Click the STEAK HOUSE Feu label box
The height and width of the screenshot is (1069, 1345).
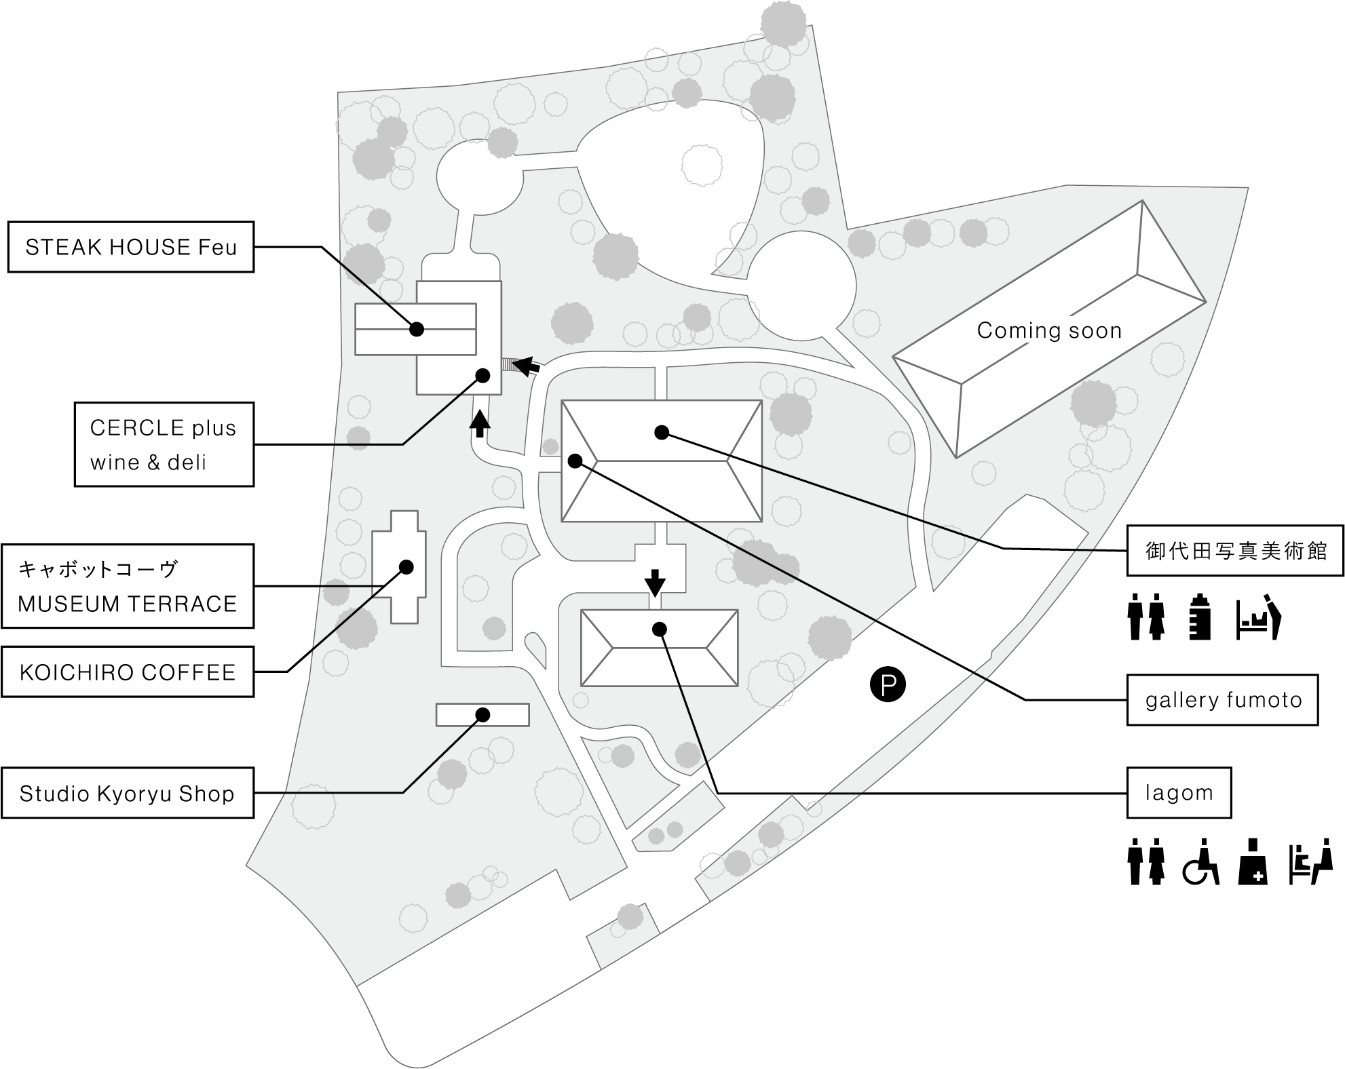[131, 247]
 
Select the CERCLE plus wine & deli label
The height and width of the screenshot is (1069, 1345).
[164, 444]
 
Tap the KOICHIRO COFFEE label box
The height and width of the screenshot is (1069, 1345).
[128, 672]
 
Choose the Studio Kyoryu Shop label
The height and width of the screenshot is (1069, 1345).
[128, 793]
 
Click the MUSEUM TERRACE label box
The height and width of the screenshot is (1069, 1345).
[128, 586]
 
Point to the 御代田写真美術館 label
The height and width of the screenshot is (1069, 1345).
[1235, 551]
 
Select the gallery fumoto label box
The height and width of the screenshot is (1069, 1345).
[1223, 700]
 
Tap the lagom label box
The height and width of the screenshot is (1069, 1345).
[1179, 793]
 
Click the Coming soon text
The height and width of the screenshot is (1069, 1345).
[1049, 330]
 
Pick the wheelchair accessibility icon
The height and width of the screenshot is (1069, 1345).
[1201, 862]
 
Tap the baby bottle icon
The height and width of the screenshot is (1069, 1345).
[1200, 617]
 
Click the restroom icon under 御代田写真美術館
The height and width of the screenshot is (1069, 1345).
[1146, 617]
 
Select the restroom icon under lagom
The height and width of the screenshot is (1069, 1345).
[1146, 862]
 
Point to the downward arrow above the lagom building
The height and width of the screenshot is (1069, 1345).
[655, 581]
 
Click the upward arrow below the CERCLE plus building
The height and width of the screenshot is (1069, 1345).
[480, 423]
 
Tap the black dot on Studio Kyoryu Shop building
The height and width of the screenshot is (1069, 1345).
[483, 714]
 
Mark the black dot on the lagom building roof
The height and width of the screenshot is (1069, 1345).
[658, 629]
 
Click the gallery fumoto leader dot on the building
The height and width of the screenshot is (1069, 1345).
[575, 461]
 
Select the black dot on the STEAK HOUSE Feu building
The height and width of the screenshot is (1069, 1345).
[417, 329]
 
